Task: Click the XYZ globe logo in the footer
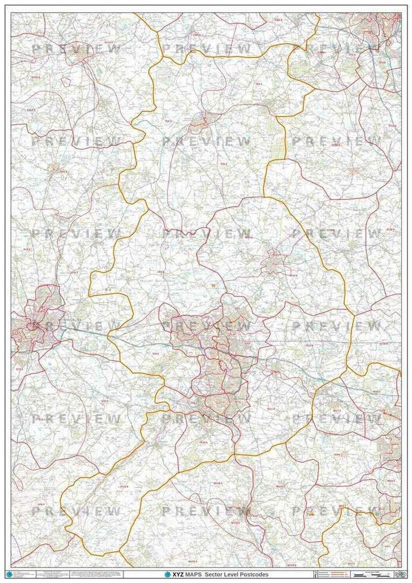point(167,575)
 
